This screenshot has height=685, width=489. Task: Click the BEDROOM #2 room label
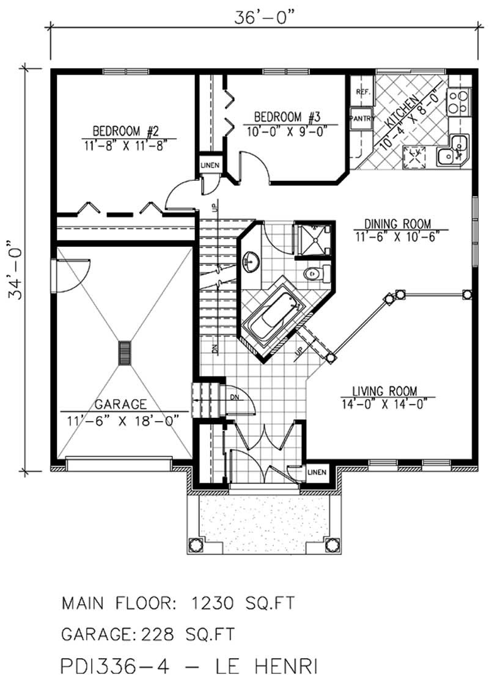click(x=126, y=131)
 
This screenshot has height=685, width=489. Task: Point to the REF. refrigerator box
click(x=361, y=93)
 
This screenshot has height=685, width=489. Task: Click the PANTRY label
click(x=361, y=119)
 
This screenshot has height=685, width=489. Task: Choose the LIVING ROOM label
click(x=384, y=390)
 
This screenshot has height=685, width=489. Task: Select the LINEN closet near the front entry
click(x=317, y=472)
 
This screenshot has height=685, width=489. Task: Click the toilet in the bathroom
click(x=313, y=274)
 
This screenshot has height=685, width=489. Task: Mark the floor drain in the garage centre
click(x=125, y=353)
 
